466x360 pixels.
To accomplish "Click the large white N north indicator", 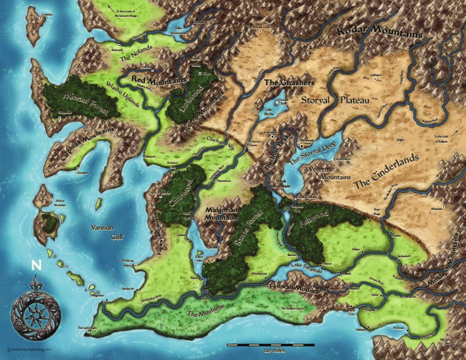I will click(36, 265).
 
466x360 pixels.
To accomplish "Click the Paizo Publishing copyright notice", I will click(29, 350).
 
